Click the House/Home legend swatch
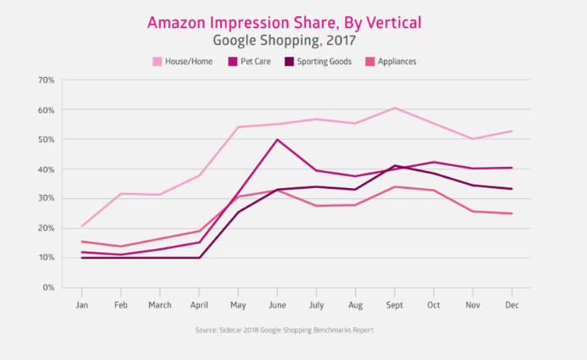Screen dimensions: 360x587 click(158, 61)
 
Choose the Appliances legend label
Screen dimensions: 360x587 click(397, 61)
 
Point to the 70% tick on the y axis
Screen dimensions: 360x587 click(47, 80)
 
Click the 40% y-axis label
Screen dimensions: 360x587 click(47, 169)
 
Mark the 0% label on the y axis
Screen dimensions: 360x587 click(49, 287)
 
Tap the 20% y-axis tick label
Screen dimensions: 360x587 click(47, 228)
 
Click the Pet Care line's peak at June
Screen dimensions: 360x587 click(277, 140)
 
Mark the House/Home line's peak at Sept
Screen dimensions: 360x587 click(395, 108)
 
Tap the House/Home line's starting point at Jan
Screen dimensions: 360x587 click(81, 226)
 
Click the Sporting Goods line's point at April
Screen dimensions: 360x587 click(199, 258)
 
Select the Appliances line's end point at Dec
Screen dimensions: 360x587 click(512, 213)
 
